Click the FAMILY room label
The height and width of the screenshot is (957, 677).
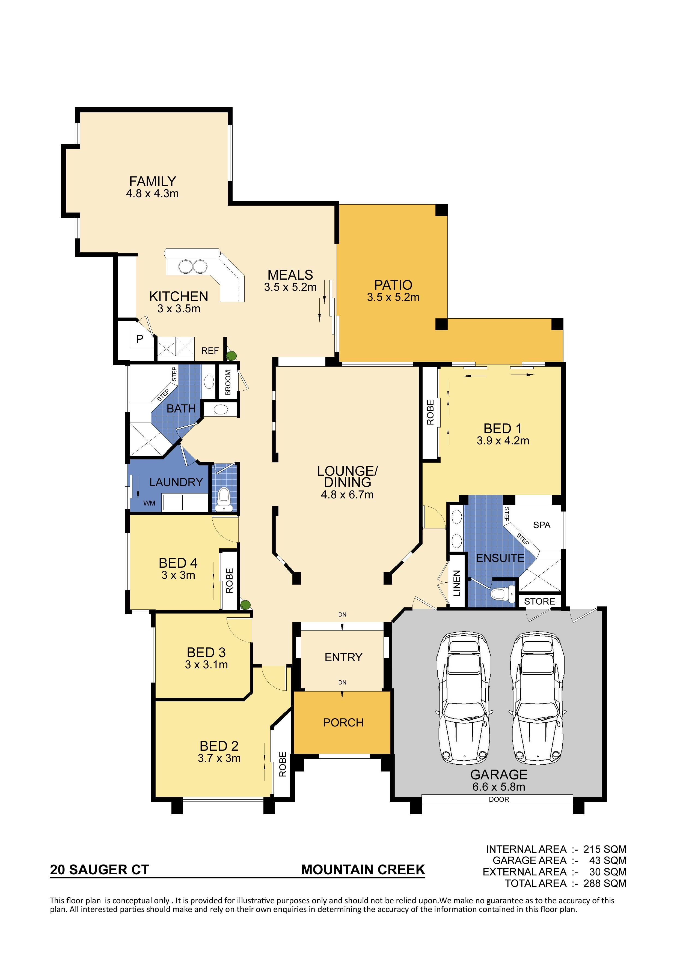click(152, 181)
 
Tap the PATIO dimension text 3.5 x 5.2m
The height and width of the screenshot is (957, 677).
click(393, 297)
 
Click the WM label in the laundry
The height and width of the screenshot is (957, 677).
click(149, 503)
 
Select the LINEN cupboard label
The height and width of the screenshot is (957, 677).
click(457, 583)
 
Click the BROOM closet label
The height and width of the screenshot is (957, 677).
click(228, 383)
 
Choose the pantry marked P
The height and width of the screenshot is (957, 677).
click(139, 339)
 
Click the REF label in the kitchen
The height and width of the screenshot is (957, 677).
click(210, 351)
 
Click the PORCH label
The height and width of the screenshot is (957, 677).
click(343, 722)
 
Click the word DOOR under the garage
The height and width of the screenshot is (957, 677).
click(499, 799)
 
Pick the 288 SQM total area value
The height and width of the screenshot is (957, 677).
click(605, 883)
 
